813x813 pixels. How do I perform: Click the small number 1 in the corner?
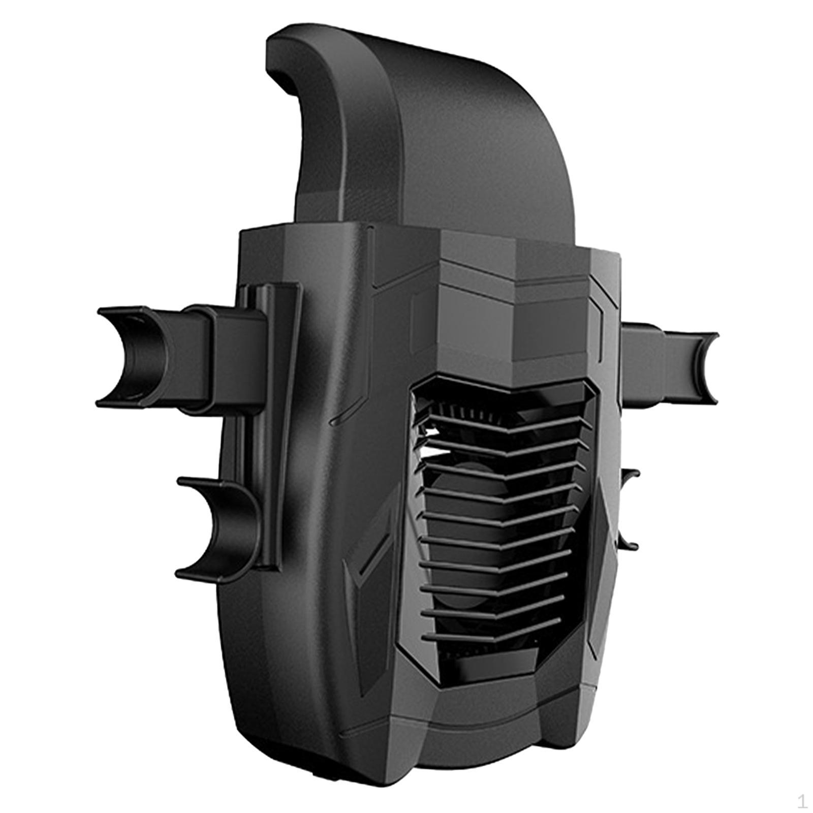802,802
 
